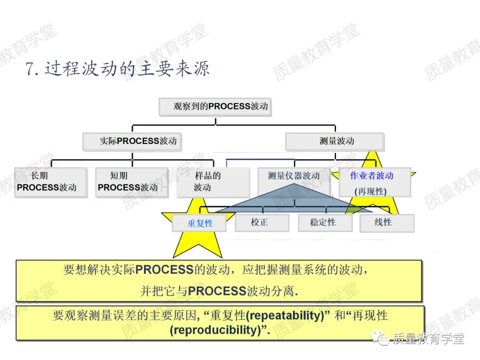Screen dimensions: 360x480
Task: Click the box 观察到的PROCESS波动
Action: point(215,107)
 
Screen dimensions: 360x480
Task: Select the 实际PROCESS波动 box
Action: point(132,141)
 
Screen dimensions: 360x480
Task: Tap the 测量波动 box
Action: point(334,141)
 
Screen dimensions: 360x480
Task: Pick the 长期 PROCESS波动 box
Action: point(50,181)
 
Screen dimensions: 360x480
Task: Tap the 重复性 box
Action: point(199,223)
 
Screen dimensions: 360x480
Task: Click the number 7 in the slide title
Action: point(30,70)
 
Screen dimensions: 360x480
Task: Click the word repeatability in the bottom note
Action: point(284,316)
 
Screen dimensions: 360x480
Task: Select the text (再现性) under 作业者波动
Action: point(371,192)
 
